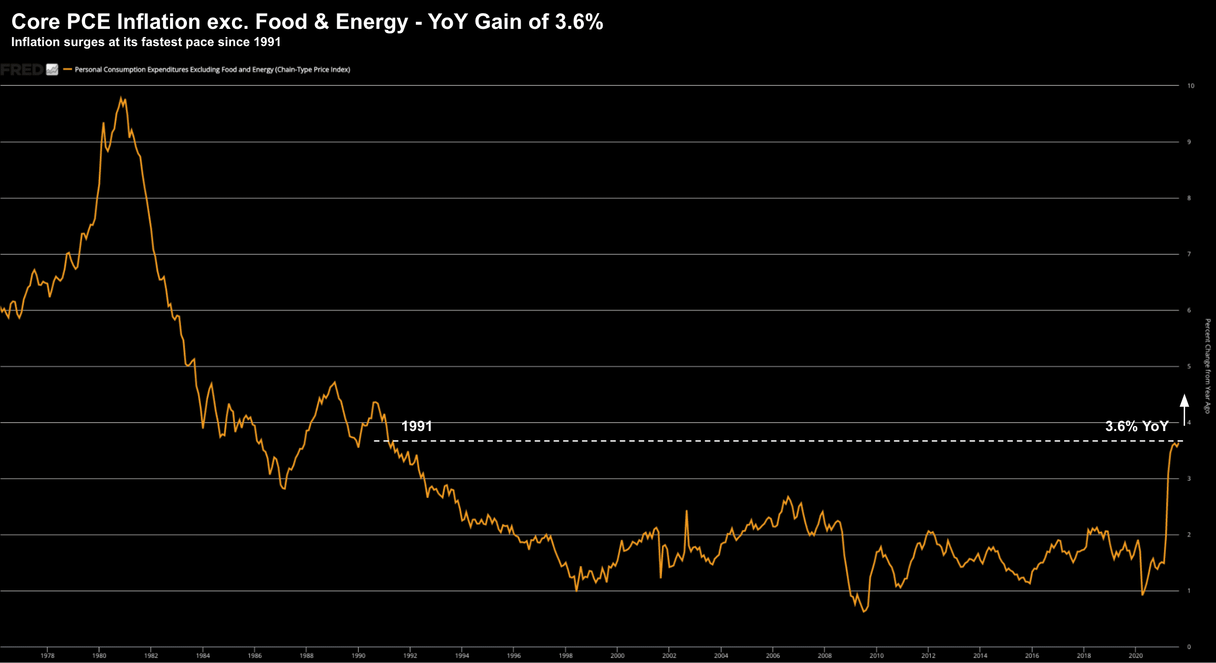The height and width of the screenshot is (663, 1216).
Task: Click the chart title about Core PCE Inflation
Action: point(307,22)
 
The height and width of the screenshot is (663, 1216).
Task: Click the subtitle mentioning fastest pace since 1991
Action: point(146,42)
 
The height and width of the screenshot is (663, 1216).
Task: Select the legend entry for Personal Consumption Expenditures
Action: point(212,69)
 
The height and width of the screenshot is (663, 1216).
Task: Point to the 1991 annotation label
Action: point(416,426)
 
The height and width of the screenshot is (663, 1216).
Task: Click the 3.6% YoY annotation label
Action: point(1136,426)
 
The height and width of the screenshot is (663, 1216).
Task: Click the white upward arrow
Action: point(1184,409)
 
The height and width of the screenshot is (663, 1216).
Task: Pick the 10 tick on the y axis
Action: point(1191,86)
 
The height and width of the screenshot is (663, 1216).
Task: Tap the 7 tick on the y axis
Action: point(1189,254)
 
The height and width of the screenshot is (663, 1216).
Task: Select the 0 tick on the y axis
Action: point(1189,647)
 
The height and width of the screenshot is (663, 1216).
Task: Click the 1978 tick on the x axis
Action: point(48,655)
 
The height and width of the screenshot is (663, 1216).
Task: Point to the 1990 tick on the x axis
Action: point(358,655)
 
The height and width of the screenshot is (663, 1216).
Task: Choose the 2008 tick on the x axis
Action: point(825,655)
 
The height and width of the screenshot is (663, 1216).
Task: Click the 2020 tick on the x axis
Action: point(1135,655)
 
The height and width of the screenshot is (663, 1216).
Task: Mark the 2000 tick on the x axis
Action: point(617,655)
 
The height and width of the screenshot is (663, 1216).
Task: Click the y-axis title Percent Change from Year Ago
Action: point(1208,366)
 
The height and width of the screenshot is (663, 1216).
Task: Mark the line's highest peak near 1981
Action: point(121,97)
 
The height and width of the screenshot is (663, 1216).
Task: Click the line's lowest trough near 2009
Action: point(864,611)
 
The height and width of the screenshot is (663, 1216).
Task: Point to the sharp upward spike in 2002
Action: point(687,511)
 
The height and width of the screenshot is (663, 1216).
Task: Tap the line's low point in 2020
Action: point(1143,594)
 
